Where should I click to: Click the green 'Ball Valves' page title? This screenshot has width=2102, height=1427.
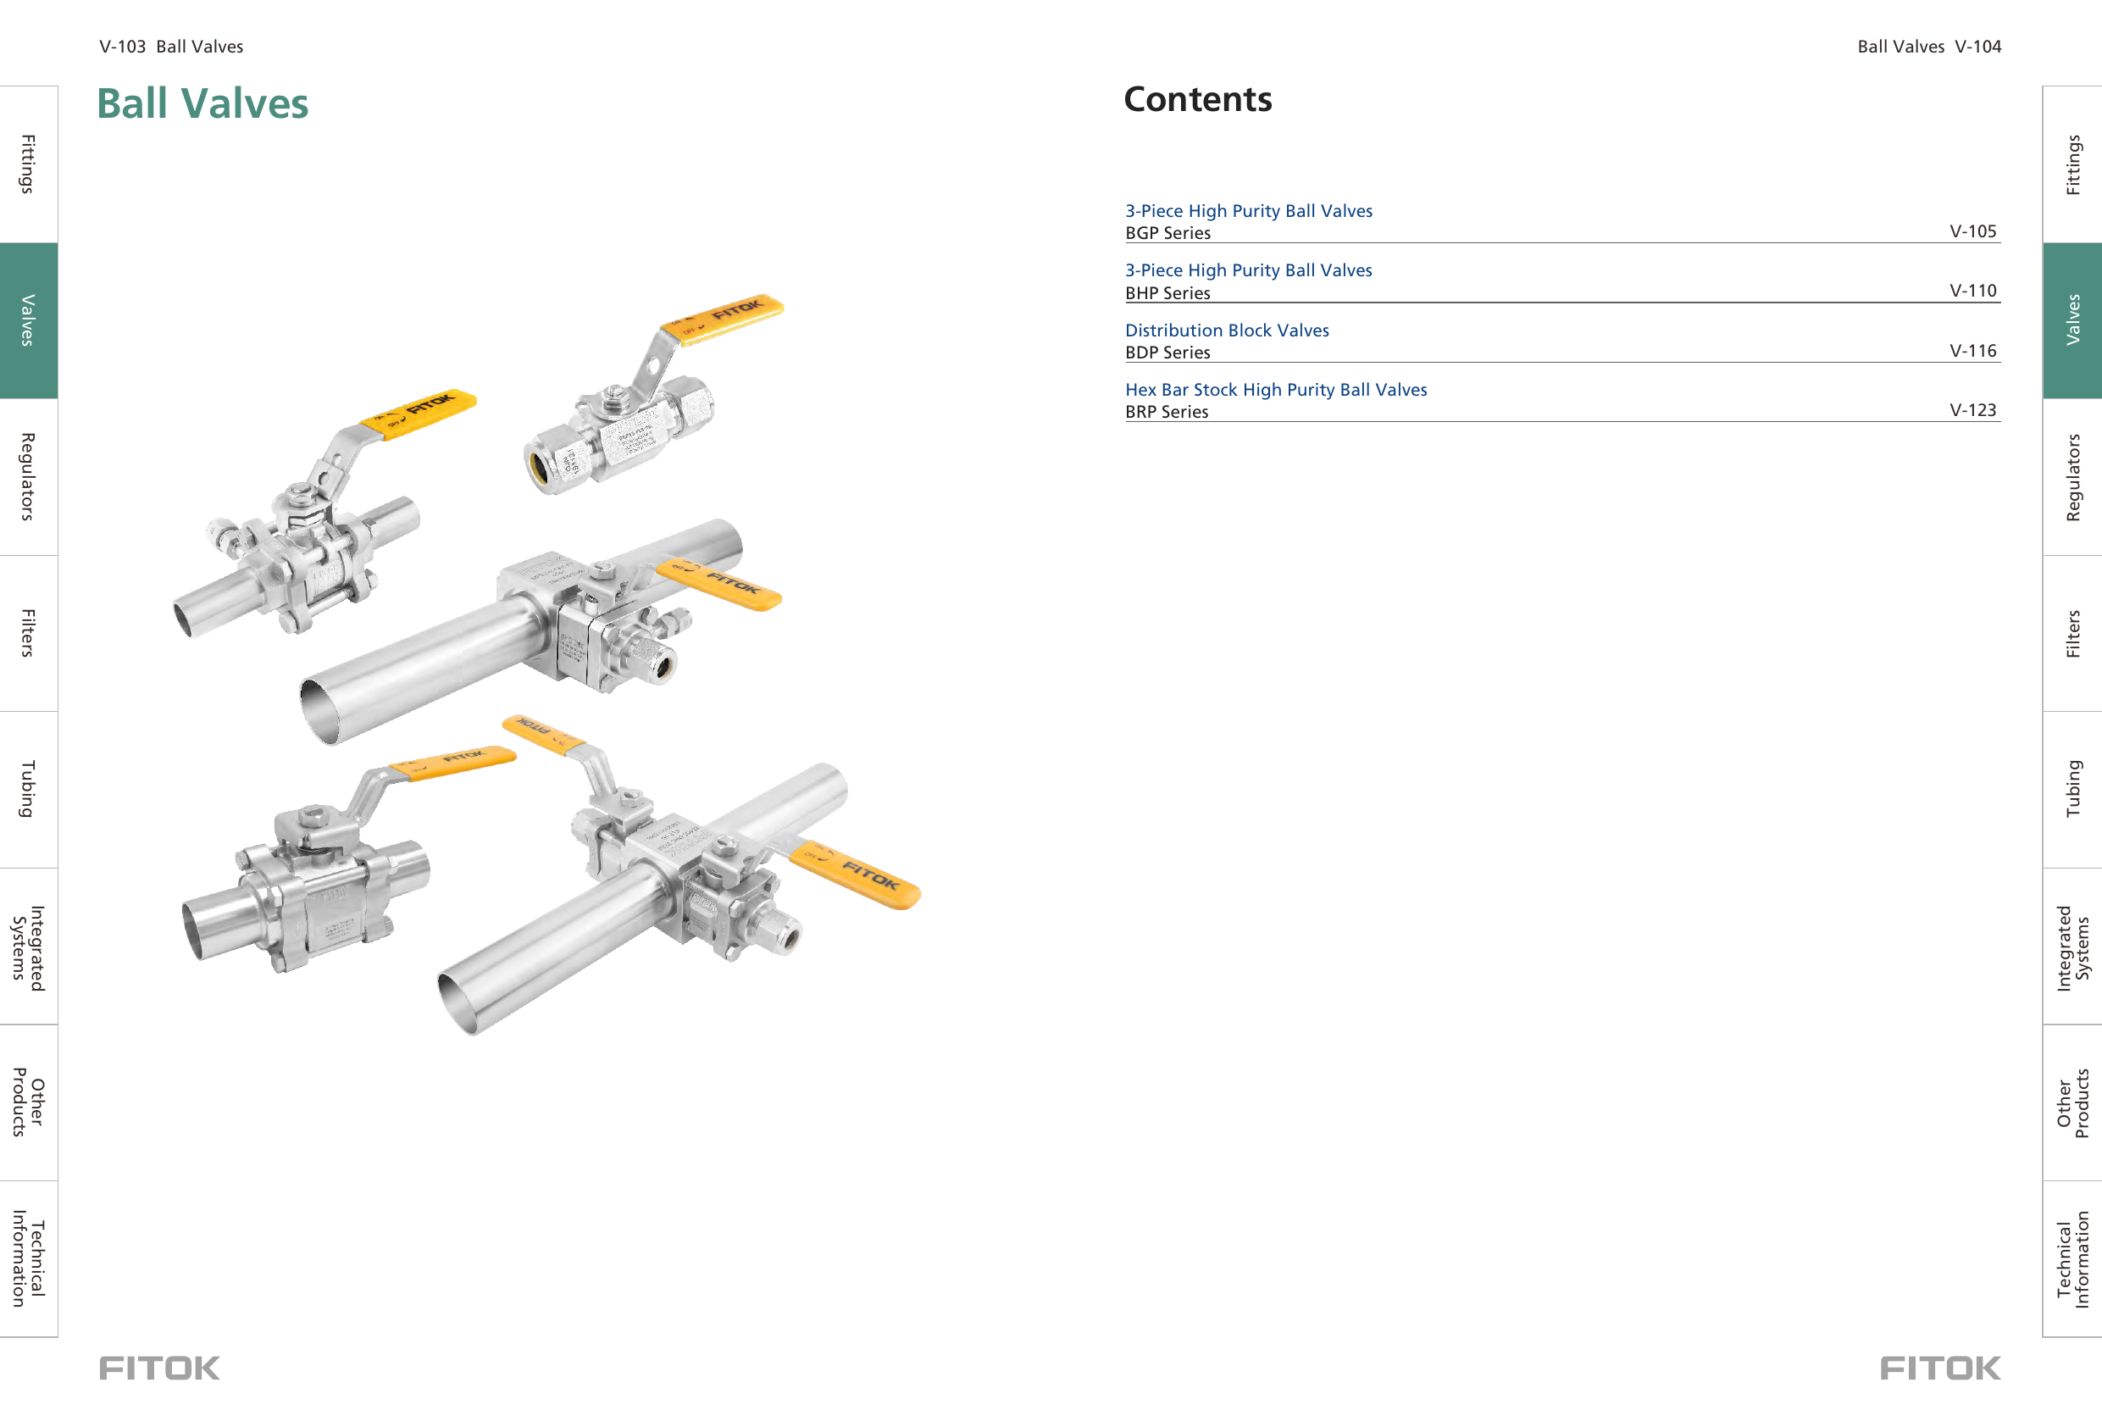click(202, 103)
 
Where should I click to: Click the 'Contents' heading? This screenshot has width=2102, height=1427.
click(1196, 98)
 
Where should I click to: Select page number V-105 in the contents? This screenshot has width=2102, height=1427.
click(1972, 230)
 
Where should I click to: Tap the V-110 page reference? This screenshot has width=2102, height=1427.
click(1972, 291)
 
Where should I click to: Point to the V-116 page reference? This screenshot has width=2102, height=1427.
click(1972, 350)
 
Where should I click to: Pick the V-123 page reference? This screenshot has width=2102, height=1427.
click(1972, 410)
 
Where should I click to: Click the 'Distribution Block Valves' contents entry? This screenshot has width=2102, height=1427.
click(1227, 330)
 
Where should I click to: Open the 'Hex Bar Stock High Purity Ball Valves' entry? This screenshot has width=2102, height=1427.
click(1275, 389)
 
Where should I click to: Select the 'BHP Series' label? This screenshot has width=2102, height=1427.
click(1167, 293)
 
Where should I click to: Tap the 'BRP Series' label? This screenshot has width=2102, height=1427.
click(1166, 412)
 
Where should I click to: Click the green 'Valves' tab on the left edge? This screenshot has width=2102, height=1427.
click(28, 320)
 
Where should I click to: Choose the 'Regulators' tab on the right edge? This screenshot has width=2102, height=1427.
click(2072, 477)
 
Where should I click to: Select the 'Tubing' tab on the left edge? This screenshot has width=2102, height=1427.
click(28, 789)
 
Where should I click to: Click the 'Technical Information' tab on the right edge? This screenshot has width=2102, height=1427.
click(2072, 1258)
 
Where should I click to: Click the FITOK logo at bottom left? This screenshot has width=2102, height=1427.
click(159, 1368)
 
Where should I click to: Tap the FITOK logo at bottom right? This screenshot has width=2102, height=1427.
click(1939, 1368)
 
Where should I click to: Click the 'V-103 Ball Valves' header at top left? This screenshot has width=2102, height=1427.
click(171, 46)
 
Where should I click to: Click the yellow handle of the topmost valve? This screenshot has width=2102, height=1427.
click(723, 317)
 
